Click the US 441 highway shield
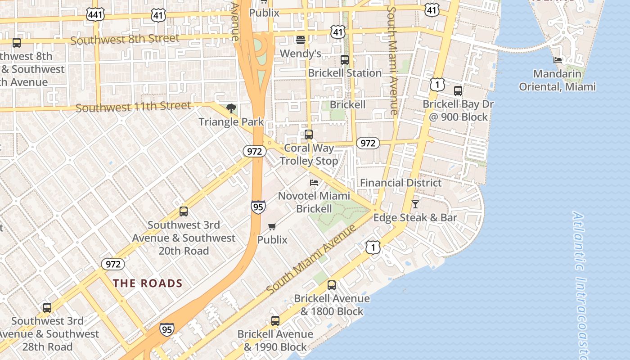click(96, 15)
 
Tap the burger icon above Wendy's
click(301, 40)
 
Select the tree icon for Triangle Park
click(231, 108)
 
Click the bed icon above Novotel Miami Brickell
click(314, 183)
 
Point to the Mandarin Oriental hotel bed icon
click(558, 60)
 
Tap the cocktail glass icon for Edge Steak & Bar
click(415, 204)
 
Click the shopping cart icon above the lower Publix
click(272, 226)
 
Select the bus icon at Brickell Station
click(345, 59)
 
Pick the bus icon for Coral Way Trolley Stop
click(309, 134)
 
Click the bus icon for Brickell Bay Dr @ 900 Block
click(458, 91)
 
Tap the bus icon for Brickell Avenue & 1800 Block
click(332, 285)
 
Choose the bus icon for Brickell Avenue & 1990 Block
click(275, 321)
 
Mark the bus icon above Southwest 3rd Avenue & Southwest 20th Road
click(184, 211)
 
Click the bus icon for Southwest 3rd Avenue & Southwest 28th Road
click(47, 308)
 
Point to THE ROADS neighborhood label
click(148, 283)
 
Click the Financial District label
click(401, 183)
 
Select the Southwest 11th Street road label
click(133, 107)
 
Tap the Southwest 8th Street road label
click(125, 39)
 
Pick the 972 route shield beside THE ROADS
click(112, 264)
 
